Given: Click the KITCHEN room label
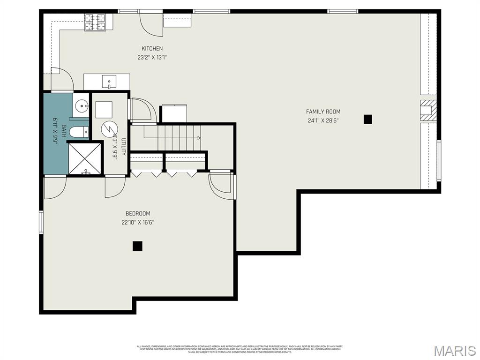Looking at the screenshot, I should pos(152,48).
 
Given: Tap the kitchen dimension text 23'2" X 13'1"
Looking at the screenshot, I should pos(152,58).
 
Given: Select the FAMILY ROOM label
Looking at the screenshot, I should pos(323,112).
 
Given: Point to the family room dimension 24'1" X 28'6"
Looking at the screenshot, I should pos(323,120).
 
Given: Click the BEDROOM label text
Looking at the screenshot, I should pos(138,214).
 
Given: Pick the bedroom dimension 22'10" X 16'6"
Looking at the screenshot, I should pos(138,223).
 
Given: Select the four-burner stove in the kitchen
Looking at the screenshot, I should pos(95,22).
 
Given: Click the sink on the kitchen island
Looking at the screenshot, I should pos(109,82).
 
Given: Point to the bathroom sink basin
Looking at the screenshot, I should pos(82,106).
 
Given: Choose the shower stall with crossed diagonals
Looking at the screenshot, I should pos(85,158).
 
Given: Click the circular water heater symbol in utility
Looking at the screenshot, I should pos(110,128).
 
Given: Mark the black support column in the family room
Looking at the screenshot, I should pos(368,119).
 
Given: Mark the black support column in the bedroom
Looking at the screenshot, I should pos(137,246).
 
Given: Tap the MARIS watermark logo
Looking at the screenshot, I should pos(454,350).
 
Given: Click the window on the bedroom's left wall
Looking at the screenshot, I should pos(41,222).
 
